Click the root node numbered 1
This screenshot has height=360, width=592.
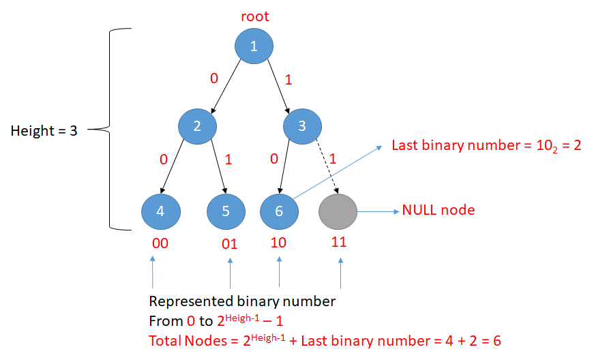(254, 46)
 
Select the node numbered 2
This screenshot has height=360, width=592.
(197, 125)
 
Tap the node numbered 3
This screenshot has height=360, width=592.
(303, 125)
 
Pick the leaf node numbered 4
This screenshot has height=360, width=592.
(160, 211)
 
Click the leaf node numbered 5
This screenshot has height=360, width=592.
(226, 211)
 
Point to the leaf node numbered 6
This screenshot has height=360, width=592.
(279, 211)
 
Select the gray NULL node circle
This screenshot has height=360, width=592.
(338, 211)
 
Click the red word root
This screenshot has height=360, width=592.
(254, 15)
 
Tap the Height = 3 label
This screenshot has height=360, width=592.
(44, 131)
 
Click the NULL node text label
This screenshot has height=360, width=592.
(439, 210)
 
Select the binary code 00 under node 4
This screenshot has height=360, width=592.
(160, 243)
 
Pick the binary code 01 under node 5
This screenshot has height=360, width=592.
(229, 244)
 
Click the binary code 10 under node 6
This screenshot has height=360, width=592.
(280, 243)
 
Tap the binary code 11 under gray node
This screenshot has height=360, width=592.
(339, 243)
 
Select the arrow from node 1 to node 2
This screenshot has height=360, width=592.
(226, 85)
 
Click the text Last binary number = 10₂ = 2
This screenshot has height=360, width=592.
(486, 146)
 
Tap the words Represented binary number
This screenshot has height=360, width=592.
(242, 301)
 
